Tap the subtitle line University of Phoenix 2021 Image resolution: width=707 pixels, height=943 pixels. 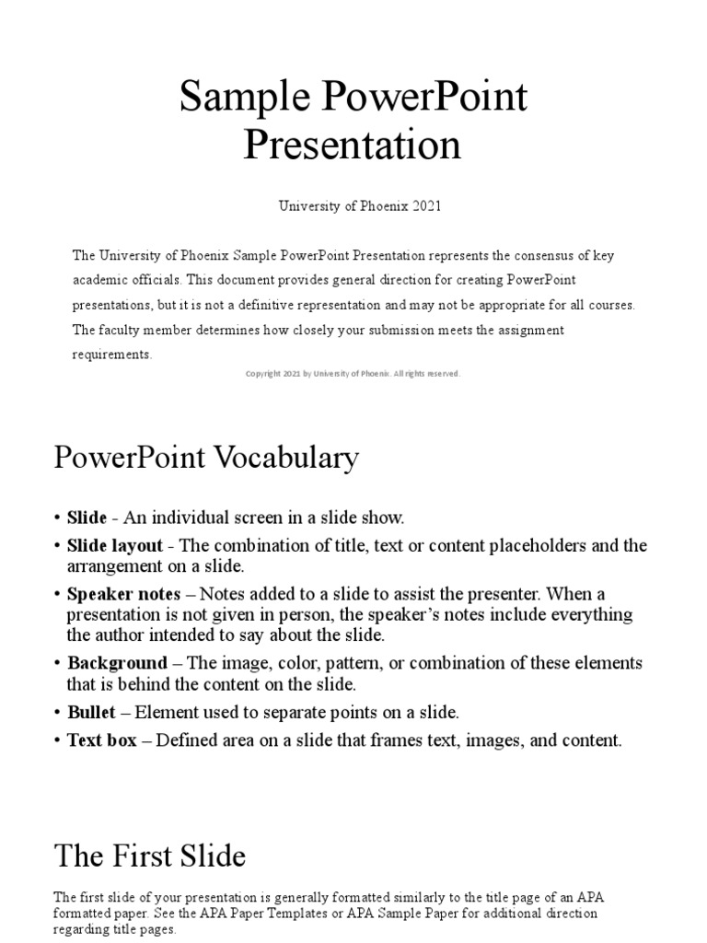(360, 206)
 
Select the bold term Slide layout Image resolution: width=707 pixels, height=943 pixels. (114, 545)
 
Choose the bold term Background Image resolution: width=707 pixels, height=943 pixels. (117, 663)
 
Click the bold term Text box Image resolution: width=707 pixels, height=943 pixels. (102, 739)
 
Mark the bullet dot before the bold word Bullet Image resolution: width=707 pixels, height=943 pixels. (57, 713)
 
